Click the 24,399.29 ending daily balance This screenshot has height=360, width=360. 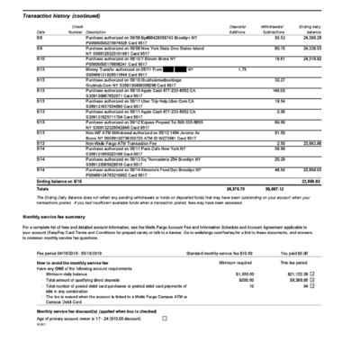[336, 39]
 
